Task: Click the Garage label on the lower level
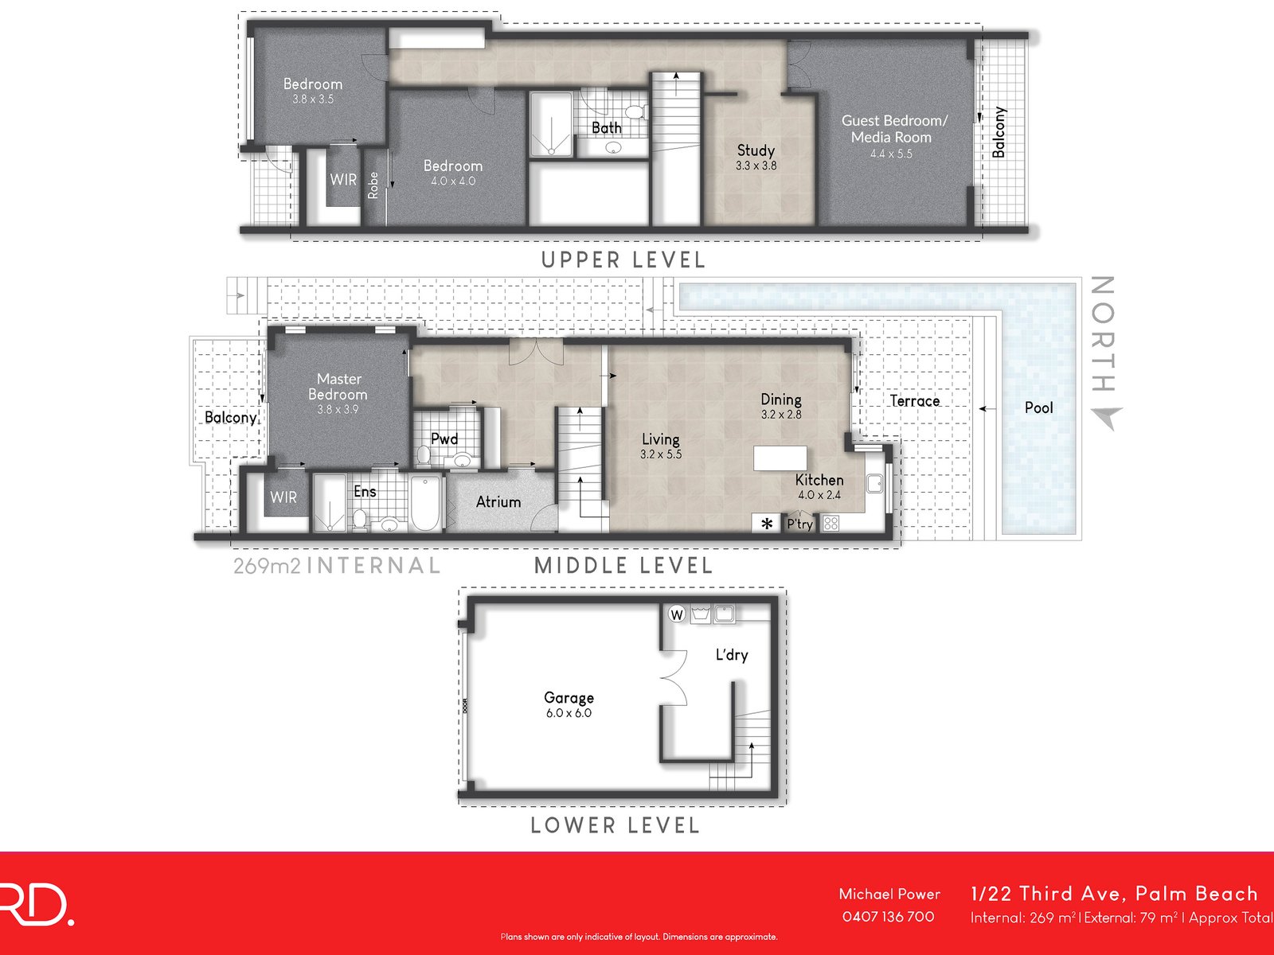click(x=569, y=697)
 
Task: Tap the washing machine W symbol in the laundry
click(x=676, y=614)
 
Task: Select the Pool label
click(x=1038, y=407)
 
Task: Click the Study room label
click(x=756, y=150)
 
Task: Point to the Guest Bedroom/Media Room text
click(x=894, y=129)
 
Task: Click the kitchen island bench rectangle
click(x=780, y=459)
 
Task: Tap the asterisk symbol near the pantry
click(x=768, y=524)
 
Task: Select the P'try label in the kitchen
click(x=799, y=524)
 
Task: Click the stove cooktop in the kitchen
click(x=830, y=523)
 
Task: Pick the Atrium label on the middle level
click(x=498, y=502)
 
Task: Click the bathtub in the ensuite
click(x=426, y=503)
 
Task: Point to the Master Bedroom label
click(x=338, y=387)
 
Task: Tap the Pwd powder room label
click(x=444, y=439)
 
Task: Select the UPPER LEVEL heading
click(x=623, y=260)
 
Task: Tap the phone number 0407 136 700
click(x=888, y=917)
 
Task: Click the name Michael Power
click(x=889, y=894)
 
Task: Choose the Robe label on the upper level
click(x=373, y=185)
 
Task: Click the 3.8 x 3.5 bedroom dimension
click(x=313, y=99)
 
